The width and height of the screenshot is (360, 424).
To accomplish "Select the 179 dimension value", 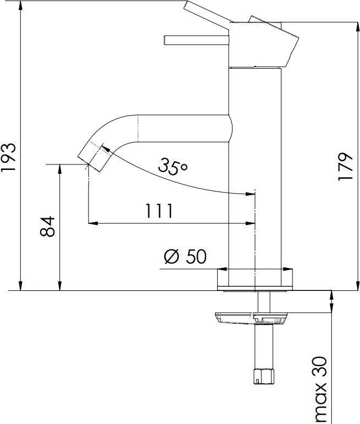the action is [x=345, y=166].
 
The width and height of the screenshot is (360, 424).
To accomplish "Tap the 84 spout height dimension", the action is [x=48, y=227].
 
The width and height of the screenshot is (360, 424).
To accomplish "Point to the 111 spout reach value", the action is [x=159, y=211].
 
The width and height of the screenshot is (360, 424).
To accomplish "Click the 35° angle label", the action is [x=173, y=166].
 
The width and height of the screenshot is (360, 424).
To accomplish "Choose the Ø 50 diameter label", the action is [x=185, y=256].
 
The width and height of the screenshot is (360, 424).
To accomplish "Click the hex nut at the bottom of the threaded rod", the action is [x=264, y=376].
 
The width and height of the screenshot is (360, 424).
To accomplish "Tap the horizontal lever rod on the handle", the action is [x=197, y=40].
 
